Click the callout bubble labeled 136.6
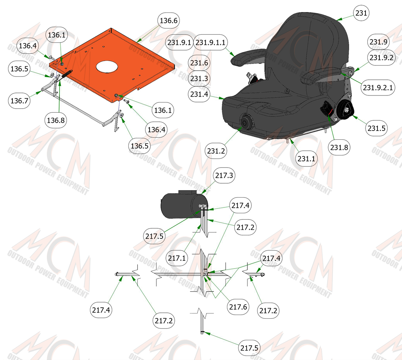tap(168, 20)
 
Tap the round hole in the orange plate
tap(107, 67)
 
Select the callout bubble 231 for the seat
tap(361, 13)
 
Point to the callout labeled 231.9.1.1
tap(210, 42)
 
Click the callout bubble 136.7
tap(19, 101)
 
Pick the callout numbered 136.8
tap(56, 120)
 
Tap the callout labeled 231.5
tap(376, 128)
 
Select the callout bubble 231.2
tap(216, 151)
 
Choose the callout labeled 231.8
tap(339, 147)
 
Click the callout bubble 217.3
tap(224, 176)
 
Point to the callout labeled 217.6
tap(238, 307)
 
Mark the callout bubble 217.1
tap(177, 258)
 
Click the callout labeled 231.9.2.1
tap(378, 87)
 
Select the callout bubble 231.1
tap(306, 158)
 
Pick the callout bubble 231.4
tap(199, 94)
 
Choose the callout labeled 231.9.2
tap(381, 57)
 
